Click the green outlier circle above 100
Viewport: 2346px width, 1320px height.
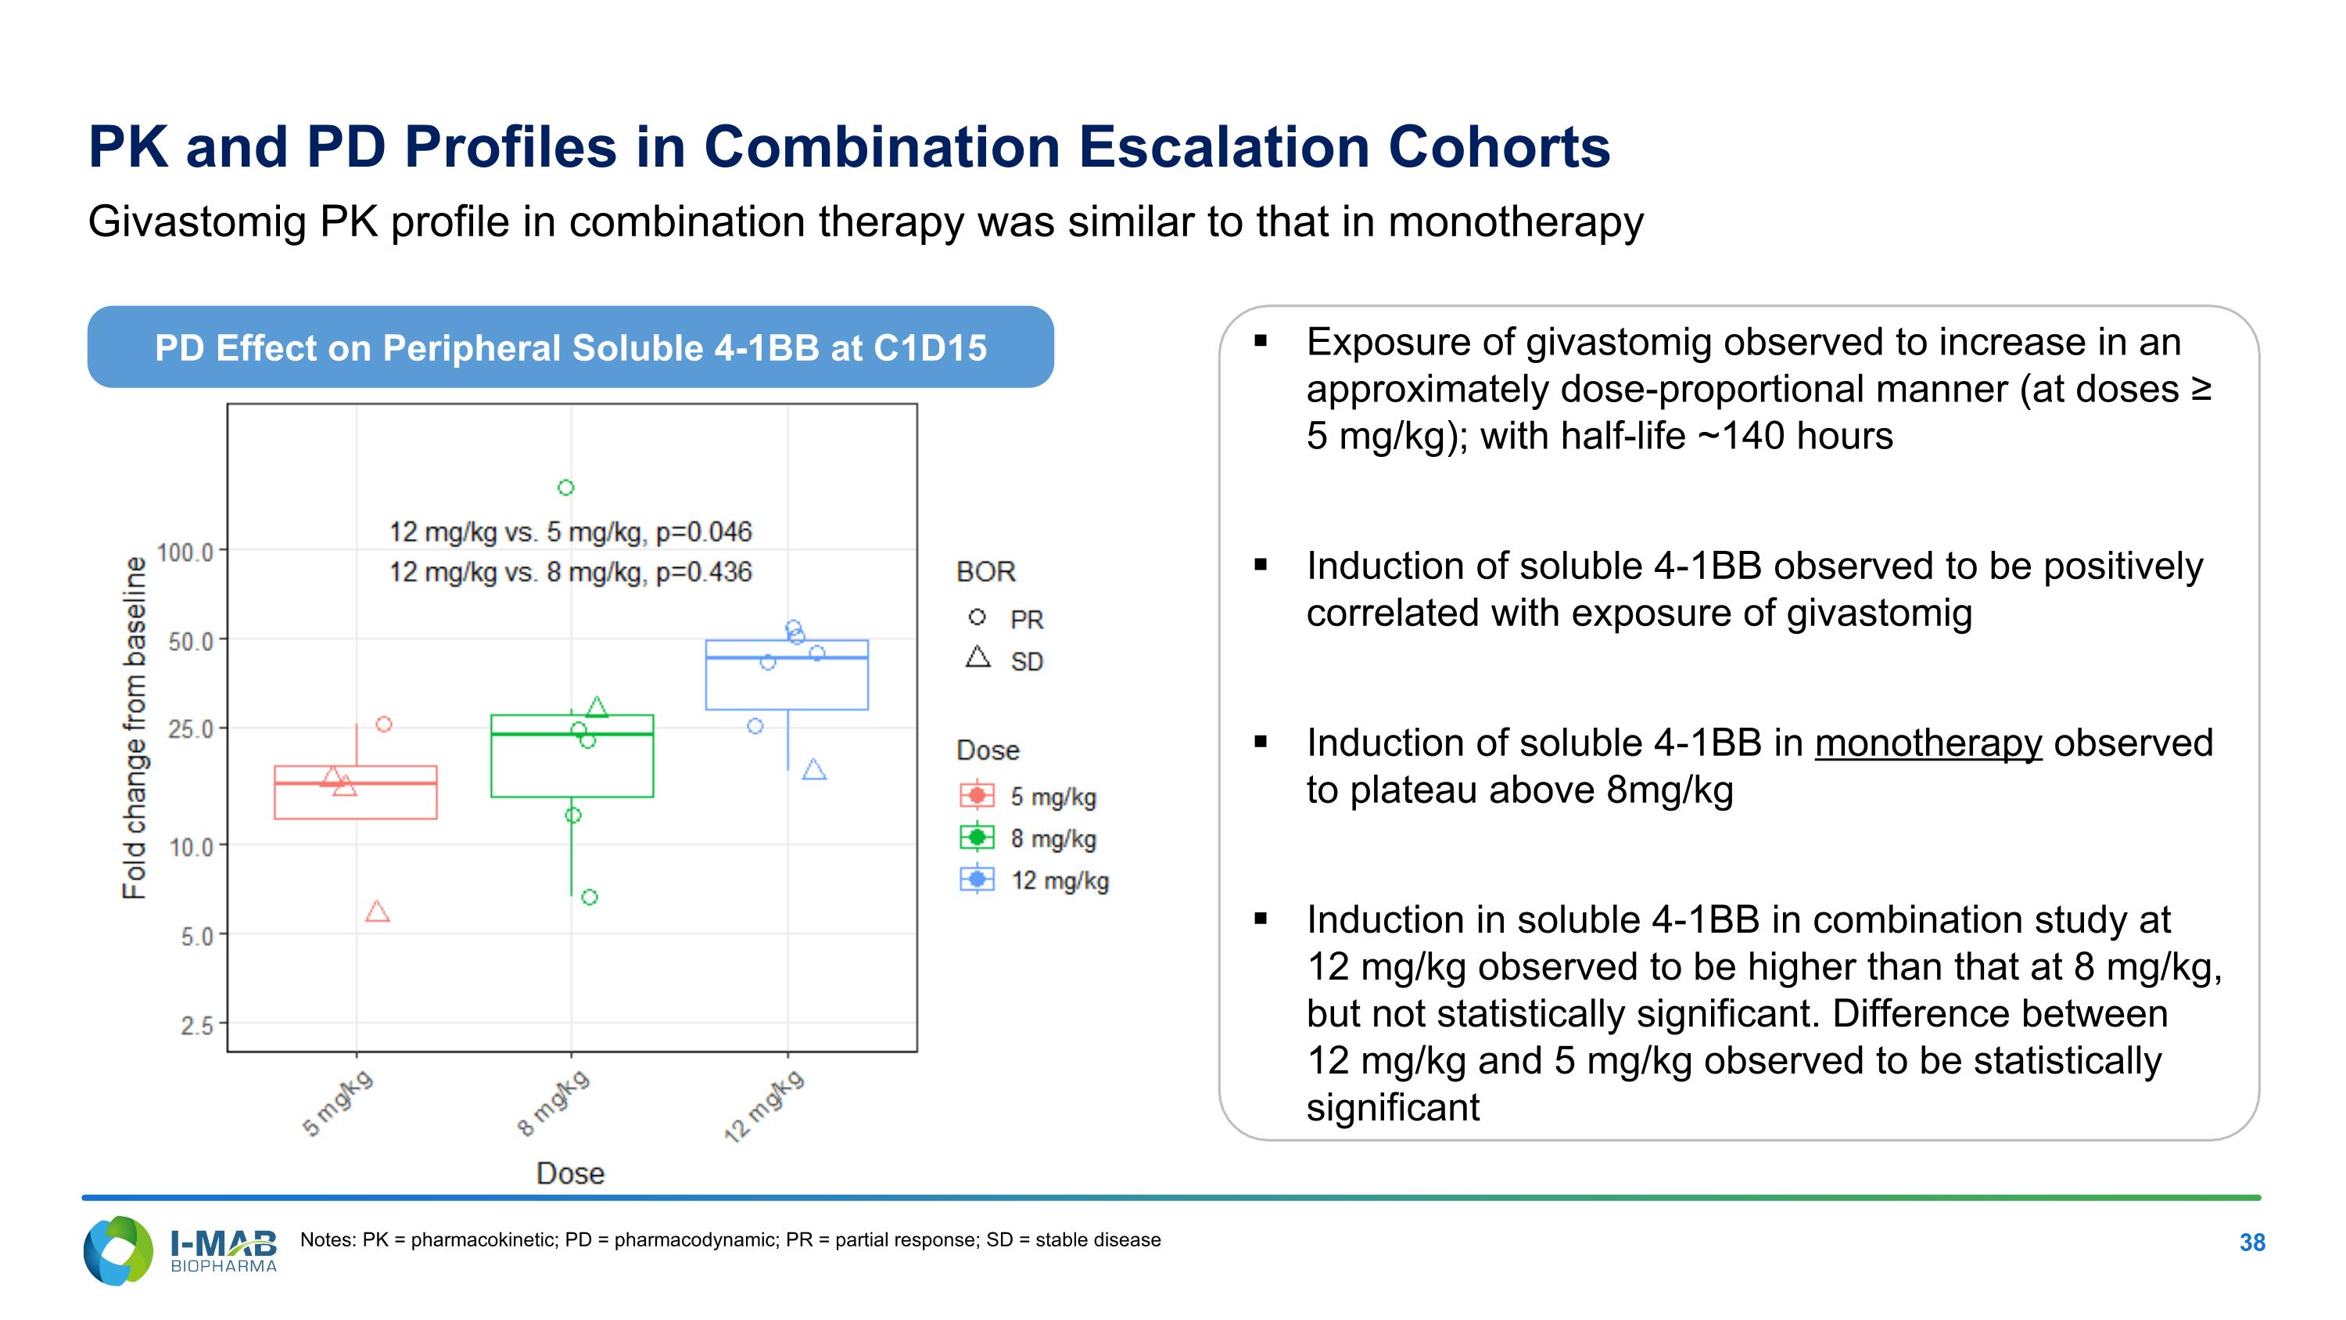pos(565,487)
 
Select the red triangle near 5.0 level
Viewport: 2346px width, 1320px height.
pos(377,912)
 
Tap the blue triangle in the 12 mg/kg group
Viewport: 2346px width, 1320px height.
pos(814,770)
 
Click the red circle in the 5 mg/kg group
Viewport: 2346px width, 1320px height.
pos(384,725)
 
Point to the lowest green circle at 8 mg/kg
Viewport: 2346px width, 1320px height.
pos(589,897)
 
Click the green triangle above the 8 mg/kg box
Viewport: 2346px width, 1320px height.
pos(597,707)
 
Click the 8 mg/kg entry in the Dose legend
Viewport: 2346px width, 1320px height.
pos(1029,837)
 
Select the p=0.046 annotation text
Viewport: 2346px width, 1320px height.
pos(570,531)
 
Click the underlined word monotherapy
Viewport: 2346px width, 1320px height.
pos(1928,743)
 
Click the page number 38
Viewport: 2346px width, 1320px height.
pos(2251,1242)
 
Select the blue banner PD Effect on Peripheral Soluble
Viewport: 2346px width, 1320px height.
pos(570,347)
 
